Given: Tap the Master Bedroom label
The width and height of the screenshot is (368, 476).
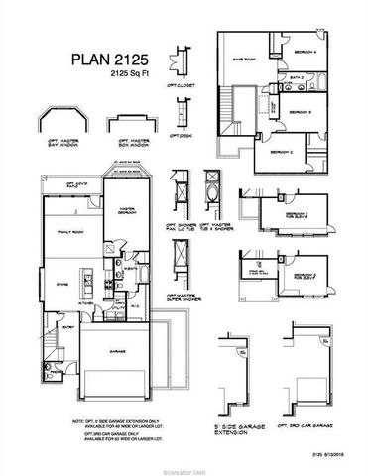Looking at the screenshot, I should point(126,209).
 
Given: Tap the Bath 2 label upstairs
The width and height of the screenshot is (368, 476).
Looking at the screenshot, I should point(296,77).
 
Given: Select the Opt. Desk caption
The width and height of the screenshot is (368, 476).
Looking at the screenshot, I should point(180,136).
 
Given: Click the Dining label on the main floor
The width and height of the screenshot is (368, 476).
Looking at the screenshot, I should point(60,284).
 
